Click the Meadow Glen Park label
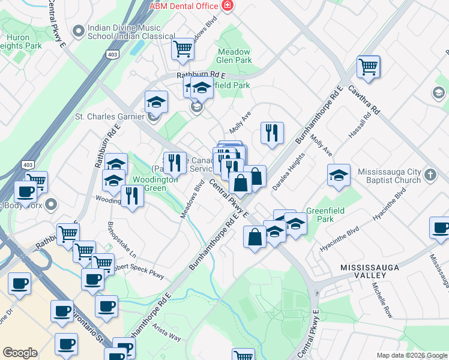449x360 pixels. pyautogui.click(x=234, y=56)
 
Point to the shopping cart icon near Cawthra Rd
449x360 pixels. pyautogui.click(x=368, y=67)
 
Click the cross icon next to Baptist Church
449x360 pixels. pyautogui.click(x=430, y=175)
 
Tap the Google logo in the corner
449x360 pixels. pyautogui.click(x=20, y=353)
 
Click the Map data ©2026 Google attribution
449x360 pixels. pyautogui.click(x=412, y=355)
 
